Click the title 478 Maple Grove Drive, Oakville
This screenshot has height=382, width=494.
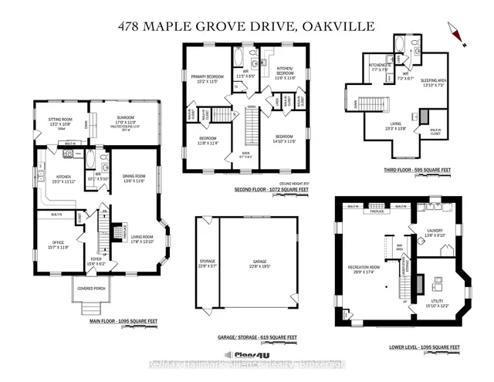click(246, 26)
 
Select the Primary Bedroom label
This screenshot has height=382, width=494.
click(207, 77)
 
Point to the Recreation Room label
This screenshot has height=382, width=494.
click(367, 269)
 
